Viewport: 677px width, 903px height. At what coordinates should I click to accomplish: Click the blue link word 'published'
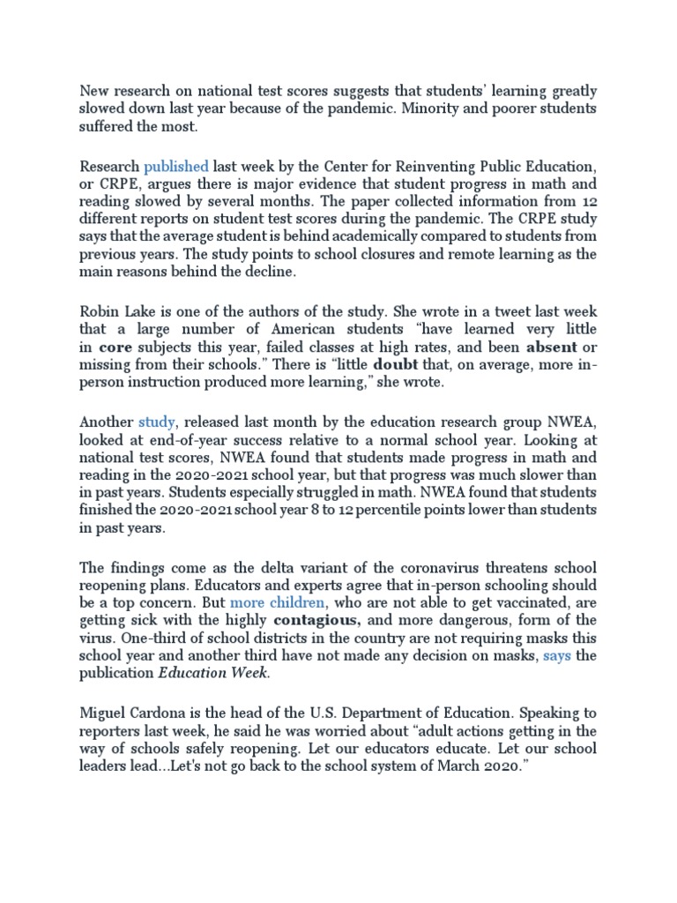[x=176, y=166]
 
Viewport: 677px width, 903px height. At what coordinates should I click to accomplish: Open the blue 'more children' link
[x=278, y=603]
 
